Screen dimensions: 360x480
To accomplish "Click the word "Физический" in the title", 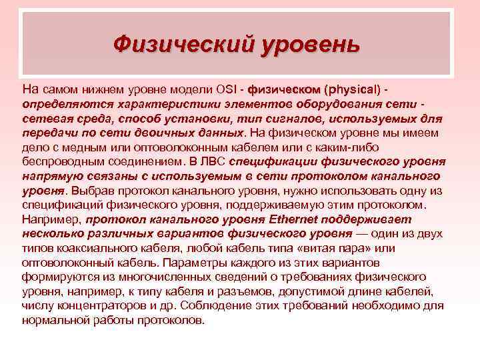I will click(x=179, y=45).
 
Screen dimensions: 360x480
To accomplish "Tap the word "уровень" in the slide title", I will click(x=305, y=45).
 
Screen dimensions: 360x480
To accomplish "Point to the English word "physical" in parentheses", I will click(x=351, y=89).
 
